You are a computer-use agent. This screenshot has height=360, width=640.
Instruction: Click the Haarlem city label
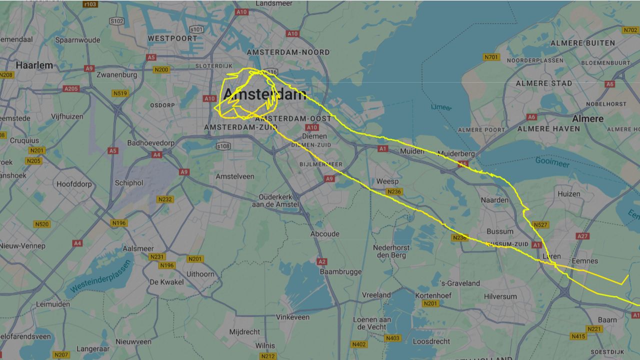pyautogui.click(x=34, y=65)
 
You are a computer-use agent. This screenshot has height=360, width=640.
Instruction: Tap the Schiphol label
pyautogui.click(x=129, y=183)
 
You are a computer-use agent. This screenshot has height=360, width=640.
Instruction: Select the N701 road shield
pyautogui.click(x=491, y=57)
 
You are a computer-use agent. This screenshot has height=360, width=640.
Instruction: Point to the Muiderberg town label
pyautogui.click(x=456, y=153)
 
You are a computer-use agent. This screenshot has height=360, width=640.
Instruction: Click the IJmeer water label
pyautogui.click(x=441, y=107)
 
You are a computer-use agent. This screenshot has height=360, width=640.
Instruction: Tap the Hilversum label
pyautogui.click(x=500, y=296)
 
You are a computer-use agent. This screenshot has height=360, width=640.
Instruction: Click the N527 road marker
pyautogui.click(x=540, y=225)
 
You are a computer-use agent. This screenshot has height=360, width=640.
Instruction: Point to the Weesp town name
pyautogui.click(x=387, y=181)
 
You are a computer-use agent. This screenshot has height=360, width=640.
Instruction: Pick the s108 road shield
pyautogui.click(x=223, y=146)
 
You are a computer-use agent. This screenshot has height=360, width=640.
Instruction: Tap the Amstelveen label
pyautogui.click(x=234, y=176)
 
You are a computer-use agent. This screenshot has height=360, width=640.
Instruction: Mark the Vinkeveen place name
pyautogui.click(x=292, y=317)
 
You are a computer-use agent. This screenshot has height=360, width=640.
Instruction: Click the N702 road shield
pyautogui.click(x=630, y=30)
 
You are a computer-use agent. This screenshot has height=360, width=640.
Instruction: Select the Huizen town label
pyautogui.click(x=569, y=194)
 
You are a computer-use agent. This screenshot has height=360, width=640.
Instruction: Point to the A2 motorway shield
pyautogui.click(x=322, y=261)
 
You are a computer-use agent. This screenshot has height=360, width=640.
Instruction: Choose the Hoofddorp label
pyautogui.click(x=74, y=184)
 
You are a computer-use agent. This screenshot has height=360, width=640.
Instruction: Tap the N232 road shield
pyautogui.click(x=165, y=199)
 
